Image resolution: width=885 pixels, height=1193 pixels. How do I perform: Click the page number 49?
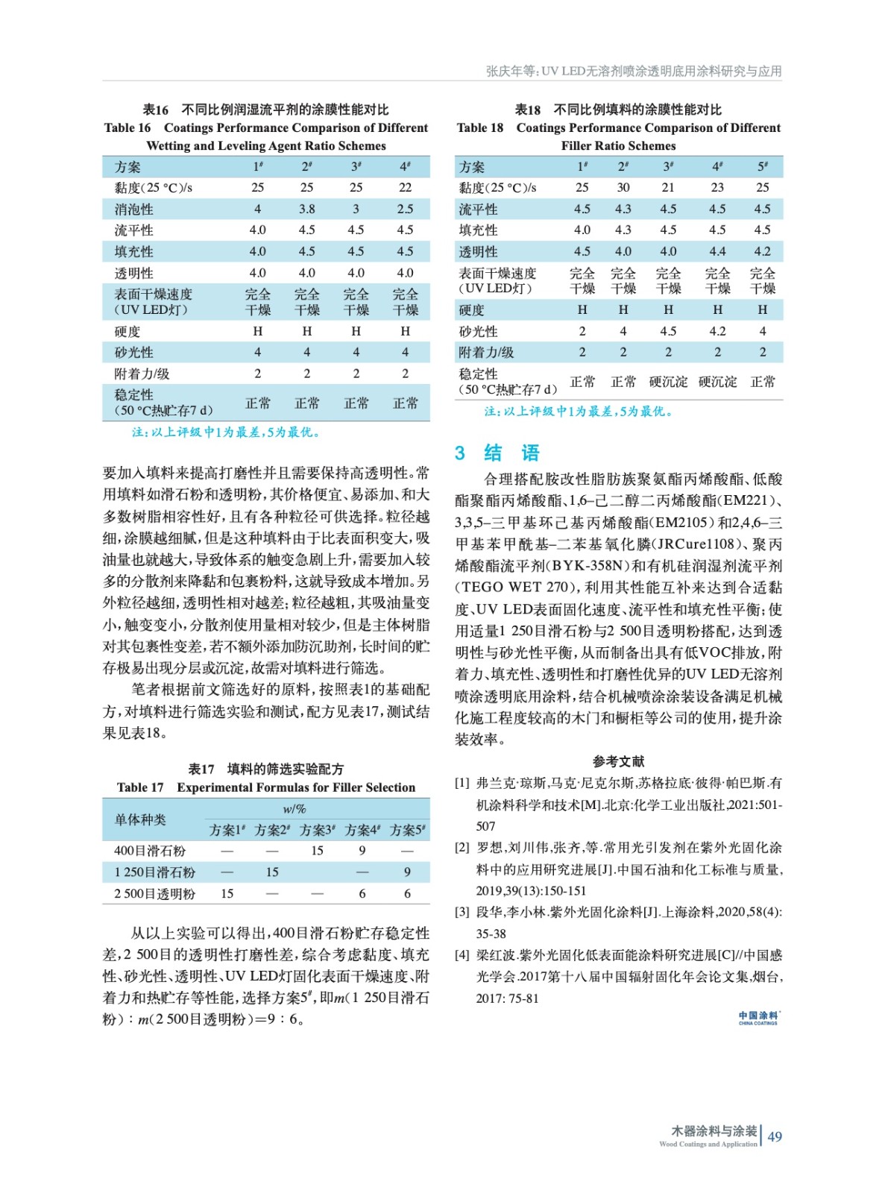click(775, 1136)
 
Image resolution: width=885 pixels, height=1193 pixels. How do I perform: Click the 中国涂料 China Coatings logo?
click(758, 1018)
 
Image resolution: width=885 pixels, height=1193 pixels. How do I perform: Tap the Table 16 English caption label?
click(127, 128)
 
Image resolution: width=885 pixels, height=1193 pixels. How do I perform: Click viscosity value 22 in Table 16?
click(405, 187)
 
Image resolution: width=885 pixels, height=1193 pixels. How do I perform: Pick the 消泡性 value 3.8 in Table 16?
click(306, 209)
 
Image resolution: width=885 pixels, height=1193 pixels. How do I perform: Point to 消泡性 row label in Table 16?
click(134, 209)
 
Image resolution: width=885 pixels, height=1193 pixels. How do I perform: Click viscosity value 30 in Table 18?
click(623, 187)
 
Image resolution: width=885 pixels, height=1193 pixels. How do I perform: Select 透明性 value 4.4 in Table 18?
click(717, 251)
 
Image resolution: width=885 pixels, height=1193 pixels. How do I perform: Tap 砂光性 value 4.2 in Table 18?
click(717, 331)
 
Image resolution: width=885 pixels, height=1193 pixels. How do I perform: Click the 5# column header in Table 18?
click(762, 166)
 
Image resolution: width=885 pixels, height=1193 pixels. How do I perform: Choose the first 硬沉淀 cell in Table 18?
click(668, 382)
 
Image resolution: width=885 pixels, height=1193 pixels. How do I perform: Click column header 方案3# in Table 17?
click(317, 830)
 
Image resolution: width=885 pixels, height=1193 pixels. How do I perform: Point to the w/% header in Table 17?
click(295, 808)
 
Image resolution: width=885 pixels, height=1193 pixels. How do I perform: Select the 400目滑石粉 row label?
click(150, 851)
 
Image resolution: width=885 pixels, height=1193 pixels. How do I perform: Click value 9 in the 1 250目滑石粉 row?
click(407, 872)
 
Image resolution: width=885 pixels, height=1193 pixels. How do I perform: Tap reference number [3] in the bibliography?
click(462, 912)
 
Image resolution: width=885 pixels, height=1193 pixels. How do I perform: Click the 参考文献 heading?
click(618, 761)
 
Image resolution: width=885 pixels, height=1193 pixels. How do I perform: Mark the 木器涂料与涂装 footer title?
click(714, 1131)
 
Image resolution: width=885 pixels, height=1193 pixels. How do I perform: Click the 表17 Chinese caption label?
click(201, 769)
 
